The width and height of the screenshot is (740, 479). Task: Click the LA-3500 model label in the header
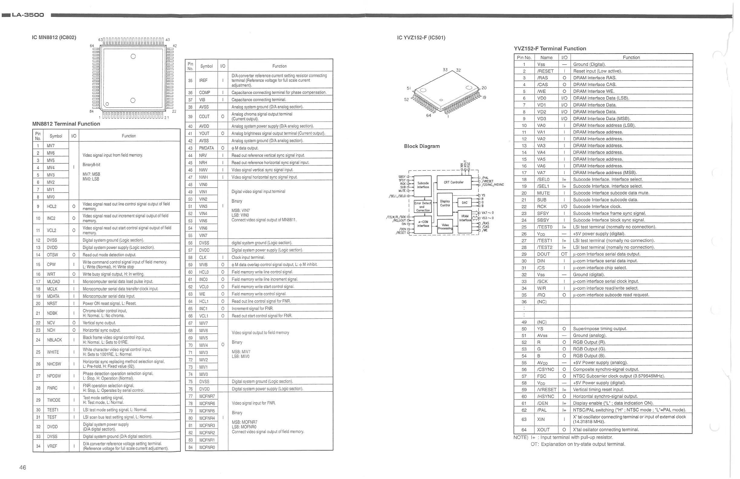28,15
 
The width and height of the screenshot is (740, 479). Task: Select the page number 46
23,468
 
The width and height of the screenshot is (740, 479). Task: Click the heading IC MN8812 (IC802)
54,37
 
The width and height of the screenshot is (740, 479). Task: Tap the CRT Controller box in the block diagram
454,183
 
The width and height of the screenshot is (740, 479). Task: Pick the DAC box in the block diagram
465,203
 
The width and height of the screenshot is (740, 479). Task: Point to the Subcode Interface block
423,185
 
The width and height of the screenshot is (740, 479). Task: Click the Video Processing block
445,226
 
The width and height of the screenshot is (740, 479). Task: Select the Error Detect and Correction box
423,207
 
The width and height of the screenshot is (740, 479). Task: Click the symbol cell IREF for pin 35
203,80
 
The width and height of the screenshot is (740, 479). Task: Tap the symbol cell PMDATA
206,148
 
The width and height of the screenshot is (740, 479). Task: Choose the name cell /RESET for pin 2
545,71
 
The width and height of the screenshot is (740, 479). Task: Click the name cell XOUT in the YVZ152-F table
543,429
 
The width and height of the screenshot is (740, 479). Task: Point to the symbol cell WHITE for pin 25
53,352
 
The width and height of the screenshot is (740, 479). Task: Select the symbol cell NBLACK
54,340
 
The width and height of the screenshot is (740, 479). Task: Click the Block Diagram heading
422,146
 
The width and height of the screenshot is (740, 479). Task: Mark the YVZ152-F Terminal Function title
550,48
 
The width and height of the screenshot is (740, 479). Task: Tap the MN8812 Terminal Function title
66,124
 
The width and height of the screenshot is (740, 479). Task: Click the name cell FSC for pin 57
542,376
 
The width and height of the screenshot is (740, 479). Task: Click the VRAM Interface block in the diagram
465,218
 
